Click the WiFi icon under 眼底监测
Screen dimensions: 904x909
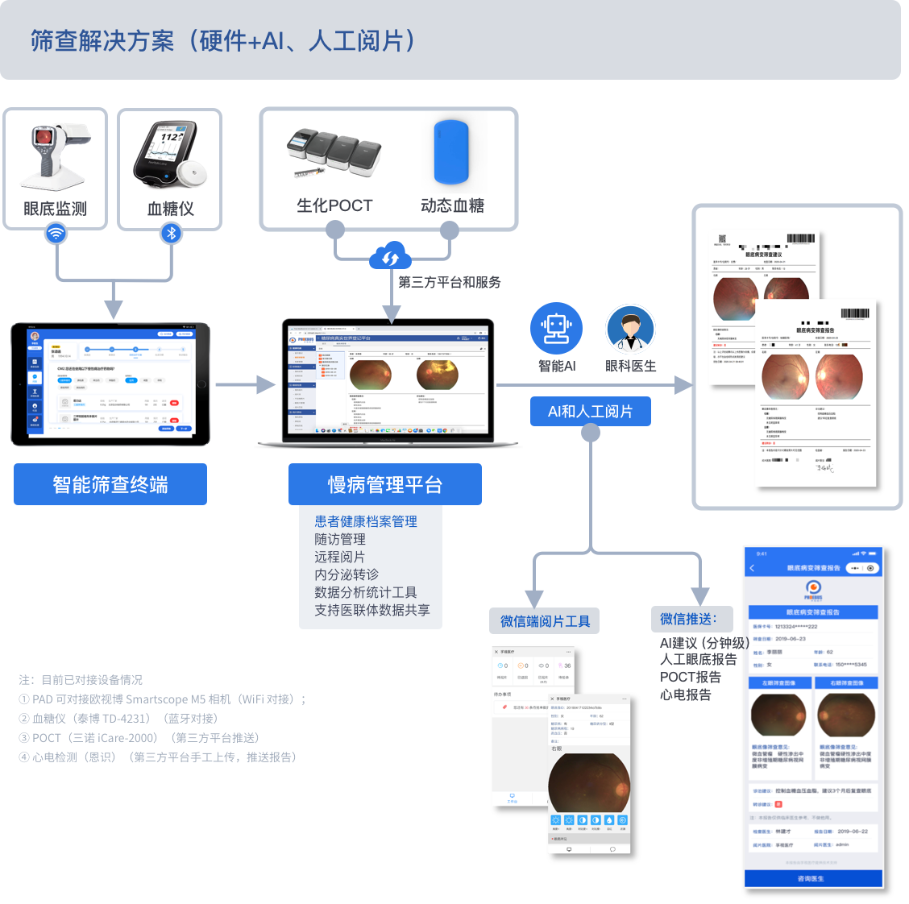[x=56, y=234]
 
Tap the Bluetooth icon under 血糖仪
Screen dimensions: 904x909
[x=171, y=234]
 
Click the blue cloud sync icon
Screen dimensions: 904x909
[x=391, y=258]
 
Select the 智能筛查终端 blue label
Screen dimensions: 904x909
[x=110, y=484]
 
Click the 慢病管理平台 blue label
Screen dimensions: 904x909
[x=385, y=484]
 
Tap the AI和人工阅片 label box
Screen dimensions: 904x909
[x=590, y=411]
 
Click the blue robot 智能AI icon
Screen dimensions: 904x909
[x=556, y=328]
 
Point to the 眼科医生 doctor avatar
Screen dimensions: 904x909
[x=630, y=330]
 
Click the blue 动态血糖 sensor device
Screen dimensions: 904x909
[x=451, y=152]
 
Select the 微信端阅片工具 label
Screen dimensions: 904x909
[x=545, y=621]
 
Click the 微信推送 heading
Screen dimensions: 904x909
[x=688, y=619]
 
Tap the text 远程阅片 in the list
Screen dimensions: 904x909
[x=339, y=557]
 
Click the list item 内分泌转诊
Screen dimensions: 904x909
[x=347, y=574]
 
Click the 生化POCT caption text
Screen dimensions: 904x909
[x=334, y=205]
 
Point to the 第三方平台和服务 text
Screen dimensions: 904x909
[x=450, y=282]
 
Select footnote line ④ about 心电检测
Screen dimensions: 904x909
[x=158, y=757]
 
